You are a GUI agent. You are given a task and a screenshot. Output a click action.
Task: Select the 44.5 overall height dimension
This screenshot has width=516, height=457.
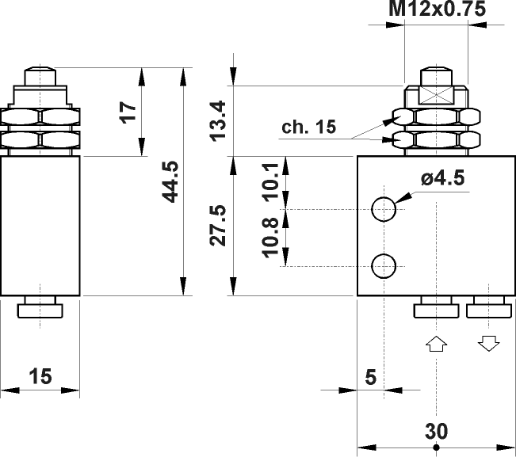click(x=170, y=181)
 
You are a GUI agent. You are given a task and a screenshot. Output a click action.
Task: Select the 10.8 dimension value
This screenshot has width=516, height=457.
click(x=270, y=238)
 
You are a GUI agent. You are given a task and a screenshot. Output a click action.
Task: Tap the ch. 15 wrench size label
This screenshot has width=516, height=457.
click(x=308, y=127)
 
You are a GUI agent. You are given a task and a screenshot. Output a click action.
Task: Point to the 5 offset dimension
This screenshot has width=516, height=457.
click(x=370, y=377)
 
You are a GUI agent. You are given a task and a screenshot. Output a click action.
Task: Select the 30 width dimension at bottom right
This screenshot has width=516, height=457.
click(x=436, y=431)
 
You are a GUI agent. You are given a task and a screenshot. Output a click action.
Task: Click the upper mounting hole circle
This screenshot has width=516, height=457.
click(x=384, y=208)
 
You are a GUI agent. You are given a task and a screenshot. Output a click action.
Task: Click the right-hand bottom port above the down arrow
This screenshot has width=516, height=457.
click(x=488, y=309)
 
